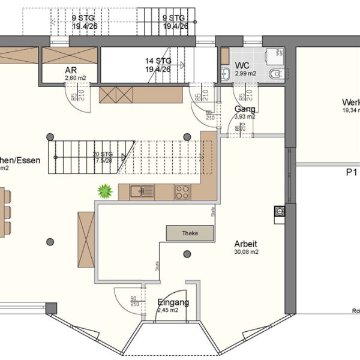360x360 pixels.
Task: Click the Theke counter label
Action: pos(190,233)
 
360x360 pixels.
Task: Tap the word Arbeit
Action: pos(246,244)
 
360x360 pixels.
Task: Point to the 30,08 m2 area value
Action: pos(246,253)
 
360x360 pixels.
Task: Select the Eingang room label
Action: pos(173,302)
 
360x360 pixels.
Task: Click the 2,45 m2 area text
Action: pos(168,311)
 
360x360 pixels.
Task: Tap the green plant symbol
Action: pos(106,191)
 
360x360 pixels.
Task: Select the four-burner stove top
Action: pos(182,192)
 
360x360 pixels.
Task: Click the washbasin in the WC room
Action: pos(225,74)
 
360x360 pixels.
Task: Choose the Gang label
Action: pos(245,109)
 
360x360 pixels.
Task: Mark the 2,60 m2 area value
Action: pos(71,78)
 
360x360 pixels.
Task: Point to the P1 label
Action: pos(352,172)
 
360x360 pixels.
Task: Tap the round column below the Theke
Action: pos(187,254)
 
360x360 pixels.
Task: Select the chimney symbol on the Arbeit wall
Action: pos(280,211)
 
